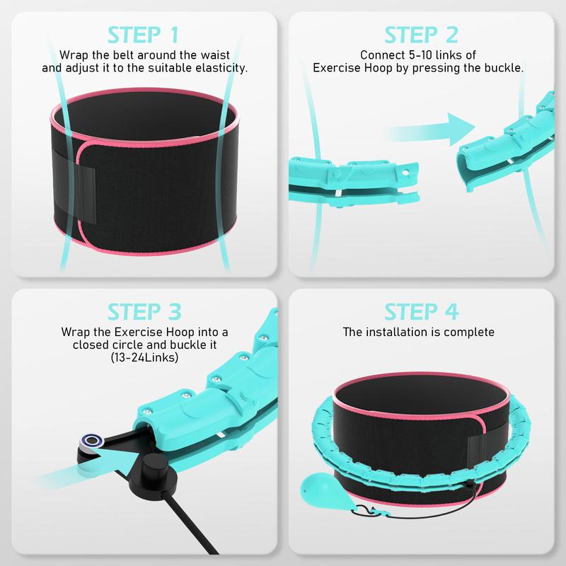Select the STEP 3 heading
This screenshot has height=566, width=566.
tap(144, 311)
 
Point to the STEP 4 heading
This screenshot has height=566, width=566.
tap(422, 311)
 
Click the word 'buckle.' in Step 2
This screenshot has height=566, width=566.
tap(501, 69)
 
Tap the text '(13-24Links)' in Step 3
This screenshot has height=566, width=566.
tap(144, 358)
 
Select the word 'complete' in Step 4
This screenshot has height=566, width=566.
tap(469, 331)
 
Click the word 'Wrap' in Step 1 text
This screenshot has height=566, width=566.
tap(74, 54)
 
